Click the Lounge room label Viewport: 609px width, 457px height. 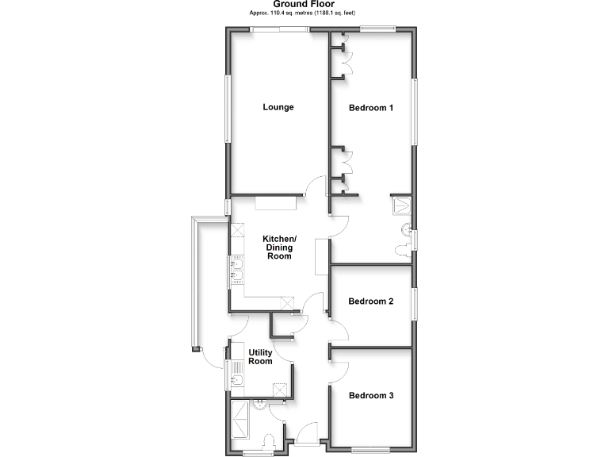coord(278,107)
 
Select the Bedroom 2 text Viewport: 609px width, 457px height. coord(371,301)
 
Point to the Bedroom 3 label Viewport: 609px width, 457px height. coord(371,395)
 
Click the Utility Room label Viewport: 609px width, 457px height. coord(260,357)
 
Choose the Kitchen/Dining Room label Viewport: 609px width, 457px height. coord(279,248)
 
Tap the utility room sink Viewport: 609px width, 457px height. coord(237,382)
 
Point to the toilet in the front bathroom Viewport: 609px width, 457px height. coord(269,442)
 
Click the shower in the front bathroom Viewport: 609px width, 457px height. coord(239,419)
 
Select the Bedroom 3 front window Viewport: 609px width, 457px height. coord(371,450)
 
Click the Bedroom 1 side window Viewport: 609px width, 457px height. coord(414,111)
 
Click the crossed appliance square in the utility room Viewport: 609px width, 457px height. coord(279,389)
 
